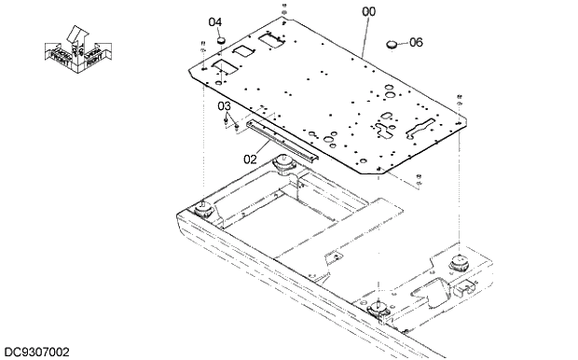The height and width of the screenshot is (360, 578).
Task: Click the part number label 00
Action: click(369, 11)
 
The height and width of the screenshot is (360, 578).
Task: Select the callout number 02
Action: click(250, 159)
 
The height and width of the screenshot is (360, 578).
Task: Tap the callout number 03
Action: click(224, 106)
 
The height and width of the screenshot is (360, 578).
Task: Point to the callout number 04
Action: click(215, 21)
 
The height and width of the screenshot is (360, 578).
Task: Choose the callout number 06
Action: click(416, 42)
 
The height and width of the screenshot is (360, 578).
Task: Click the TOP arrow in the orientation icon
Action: click(79, 37)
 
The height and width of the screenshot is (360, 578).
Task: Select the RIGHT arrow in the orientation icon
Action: click(96, 56)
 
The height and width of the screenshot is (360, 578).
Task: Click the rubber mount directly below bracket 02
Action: click(285, 168)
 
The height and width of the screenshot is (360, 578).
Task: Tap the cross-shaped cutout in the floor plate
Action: click(387, 122)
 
